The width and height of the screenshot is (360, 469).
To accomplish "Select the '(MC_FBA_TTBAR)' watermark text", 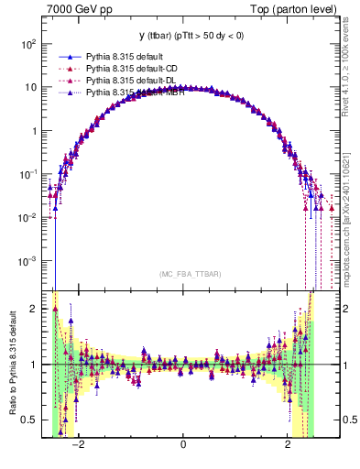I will point(184,274).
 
